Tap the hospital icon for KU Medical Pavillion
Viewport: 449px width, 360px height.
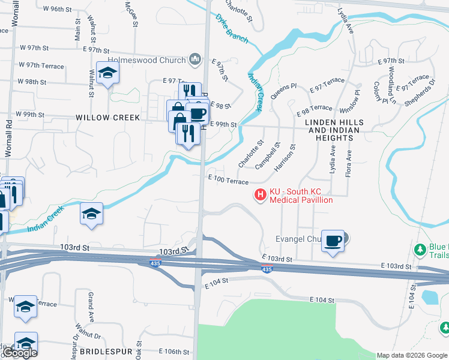[261, 195]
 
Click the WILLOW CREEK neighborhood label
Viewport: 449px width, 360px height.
[108, 118]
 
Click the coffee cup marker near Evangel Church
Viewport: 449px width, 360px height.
[333, 241]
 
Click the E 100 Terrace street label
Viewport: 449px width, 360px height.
[228, 180]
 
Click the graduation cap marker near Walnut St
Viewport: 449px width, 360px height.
[108, 73]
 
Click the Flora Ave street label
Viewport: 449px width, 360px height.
[348, 163]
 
